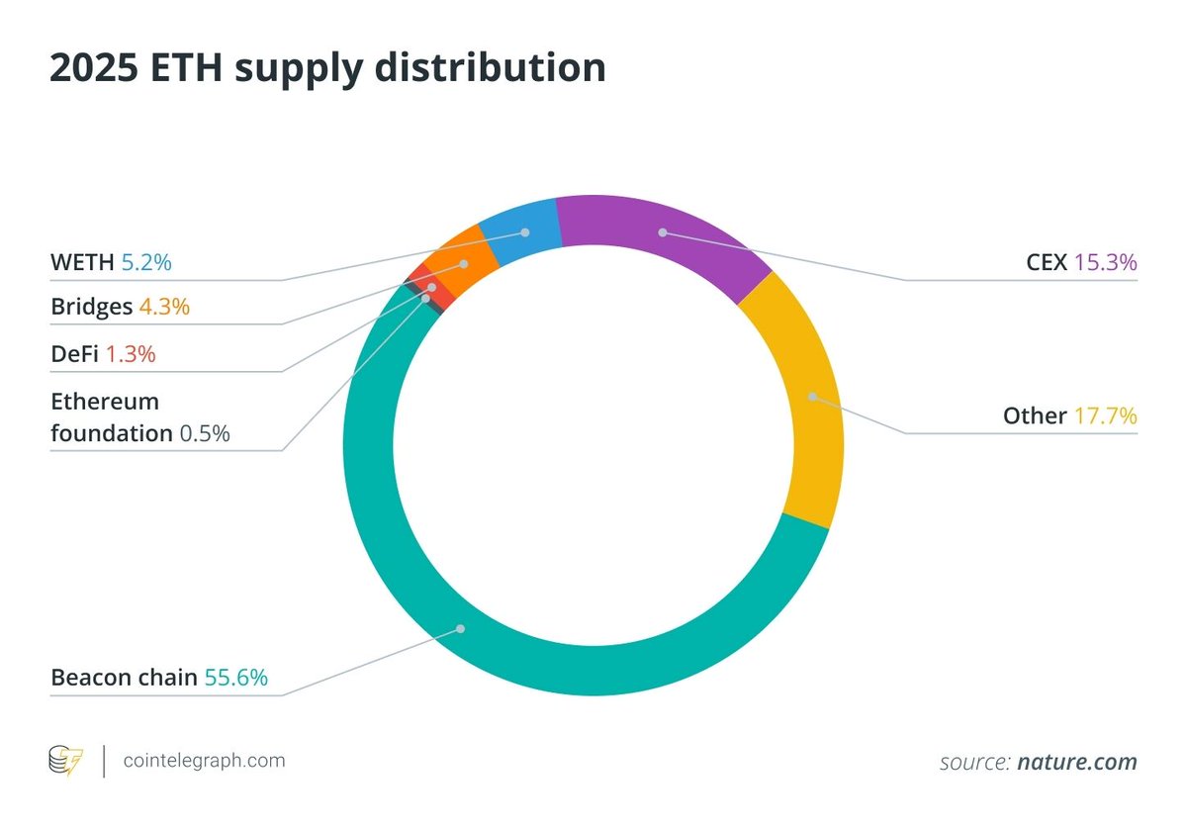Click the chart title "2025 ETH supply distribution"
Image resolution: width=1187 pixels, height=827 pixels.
327,67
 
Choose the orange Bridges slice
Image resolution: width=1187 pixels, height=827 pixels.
460,262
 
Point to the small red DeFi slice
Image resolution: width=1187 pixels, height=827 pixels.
420,282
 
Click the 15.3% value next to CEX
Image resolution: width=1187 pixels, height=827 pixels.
1105,262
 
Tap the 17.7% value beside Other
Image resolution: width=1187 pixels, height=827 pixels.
1105,415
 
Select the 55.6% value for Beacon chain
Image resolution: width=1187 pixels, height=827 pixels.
235,678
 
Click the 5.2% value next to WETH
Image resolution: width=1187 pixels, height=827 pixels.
146,262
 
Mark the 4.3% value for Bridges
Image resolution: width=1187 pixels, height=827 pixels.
163,307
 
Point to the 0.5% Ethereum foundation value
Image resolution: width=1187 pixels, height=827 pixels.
204,432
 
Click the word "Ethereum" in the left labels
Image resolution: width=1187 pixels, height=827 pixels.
105,402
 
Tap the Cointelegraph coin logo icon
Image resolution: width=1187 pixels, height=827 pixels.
66,762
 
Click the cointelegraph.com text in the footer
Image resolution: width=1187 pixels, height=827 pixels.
204,761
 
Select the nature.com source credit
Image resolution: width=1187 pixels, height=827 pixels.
1076,762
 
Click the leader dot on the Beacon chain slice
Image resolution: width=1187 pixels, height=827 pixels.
460,628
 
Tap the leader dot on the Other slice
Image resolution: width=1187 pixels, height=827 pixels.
812,397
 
